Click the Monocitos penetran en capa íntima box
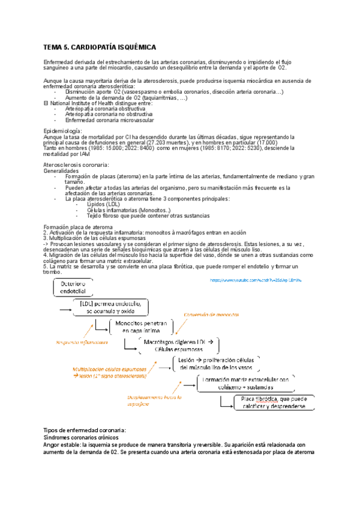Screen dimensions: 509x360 (142, 326)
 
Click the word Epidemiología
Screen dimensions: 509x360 (64, 130)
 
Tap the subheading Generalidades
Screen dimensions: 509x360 (62, 170)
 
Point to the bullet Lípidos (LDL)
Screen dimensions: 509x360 (103, 204)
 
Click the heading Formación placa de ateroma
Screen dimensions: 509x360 (78, 227)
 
